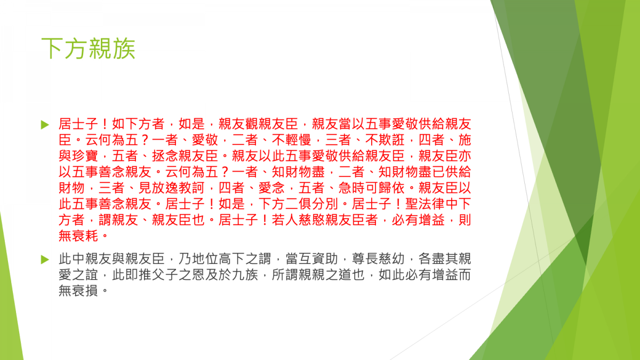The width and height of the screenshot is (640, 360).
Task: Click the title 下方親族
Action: (x=89, y=49)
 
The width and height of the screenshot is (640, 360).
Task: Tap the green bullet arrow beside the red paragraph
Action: (x=45, y=125)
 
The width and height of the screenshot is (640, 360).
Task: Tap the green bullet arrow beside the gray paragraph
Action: (x=45, y=260)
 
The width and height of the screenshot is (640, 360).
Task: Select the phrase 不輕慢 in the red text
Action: (x=291, y=140)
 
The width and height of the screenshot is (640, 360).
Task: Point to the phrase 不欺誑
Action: (x=385, y=140)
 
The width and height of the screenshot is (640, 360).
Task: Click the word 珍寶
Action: (x=85, y=156)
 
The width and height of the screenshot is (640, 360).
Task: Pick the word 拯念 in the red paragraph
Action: (x=165, y=156)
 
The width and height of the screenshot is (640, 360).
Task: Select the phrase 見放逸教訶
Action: (x=171, y=188)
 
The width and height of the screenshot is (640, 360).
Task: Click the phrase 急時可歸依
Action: (x=371, y=188)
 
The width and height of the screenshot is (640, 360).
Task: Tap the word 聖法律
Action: (x=425, y=204)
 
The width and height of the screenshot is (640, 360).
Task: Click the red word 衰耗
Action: (x=85, y=236)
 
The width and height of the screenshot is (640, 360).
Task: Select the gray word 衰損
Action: (x=85, y=291)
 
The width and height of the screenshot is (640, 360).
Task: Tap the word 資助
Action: (x=325, y=259)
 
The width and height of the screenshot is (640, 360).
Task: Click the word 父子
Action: (x=165, y=275)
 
